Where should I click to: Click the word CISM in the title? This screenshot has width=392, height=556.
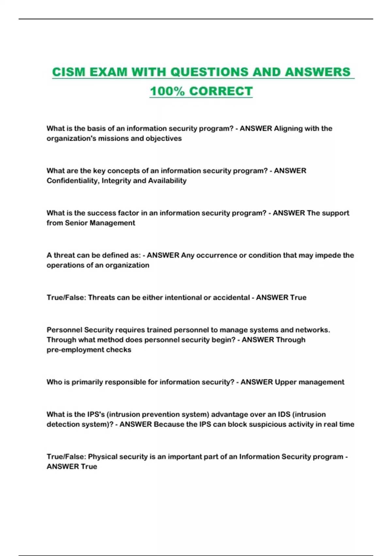(69, 72)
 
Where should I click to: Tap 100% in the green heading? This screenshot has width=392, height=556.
(167, 91)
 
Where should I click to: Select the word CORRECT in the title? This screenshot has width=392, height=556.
(221, 91)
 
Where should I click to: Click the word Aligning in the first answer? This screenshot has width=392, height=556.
(288, 129)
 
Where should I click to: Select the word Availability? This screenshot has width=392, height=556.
(167, 181)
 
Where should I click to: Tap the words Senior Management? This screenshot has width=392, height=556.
(100, 223)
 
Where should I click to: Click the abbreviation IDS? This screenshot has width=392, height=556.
(284, 415)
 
